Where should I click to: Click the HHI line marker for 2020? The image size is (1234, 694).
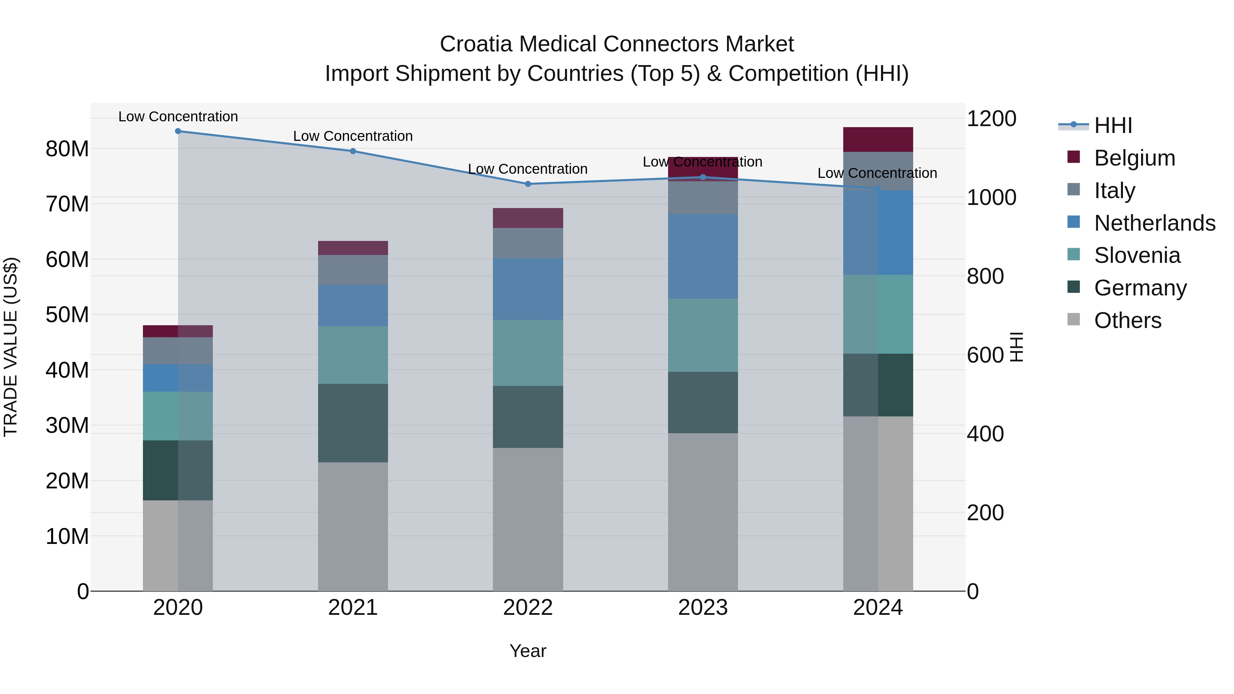click(x=178, y=131)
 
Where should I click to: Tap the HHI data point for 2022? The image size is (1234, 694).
click(x=528, y=184)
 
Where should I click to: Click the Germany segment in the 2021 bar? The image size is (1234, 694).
click(x=353, y=423)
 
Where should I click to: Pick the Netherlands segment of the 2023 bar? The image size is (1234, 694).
click(x=703, y=256)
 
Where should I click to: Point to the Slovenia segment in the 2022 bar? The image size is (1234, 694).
click(x=528, y=353)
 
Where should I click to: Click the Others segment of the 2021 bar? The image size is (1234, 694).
click(x=353, y=526)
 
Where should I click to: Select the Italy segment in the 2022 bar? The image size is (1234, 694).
click(x=528, y=243)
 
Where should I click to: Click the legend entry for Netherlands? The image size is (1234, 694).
click(x=1154, y=223)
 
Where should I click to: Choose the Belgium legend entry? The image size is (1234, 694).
click(x=1134, y=158)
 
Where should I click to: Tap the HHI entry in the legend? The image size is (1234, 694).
click(x=1113, y=125)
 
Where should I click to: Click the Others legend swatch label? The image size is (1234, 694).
click(x=1127, y=320)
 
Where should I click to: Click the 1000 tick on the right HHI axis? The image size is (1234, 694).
click(x=991, y=197)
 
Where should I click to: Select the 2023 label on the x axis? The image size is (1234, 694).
click(x=703, y=608)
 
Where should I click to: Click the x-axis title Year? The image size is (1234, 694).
click(x=528, y=651)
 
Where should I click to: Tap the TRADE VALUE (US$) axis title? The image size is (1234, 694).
click(x=11, y=347)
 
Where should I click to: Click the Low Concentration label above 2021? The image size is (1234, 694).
click(x=353, y=136)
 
